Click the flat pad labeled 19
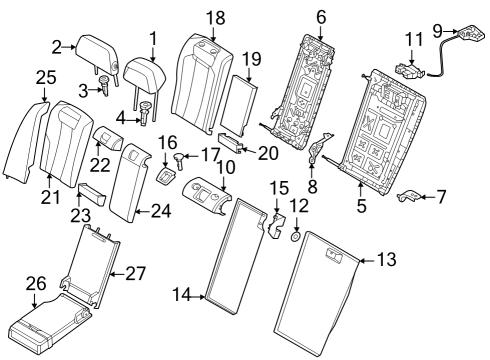pyautogui.click(x=239, y=99)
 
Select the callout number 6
pyautogui.click(x=321, y=16)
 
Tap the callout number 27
pyautogui.click(x=136, y=270)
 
